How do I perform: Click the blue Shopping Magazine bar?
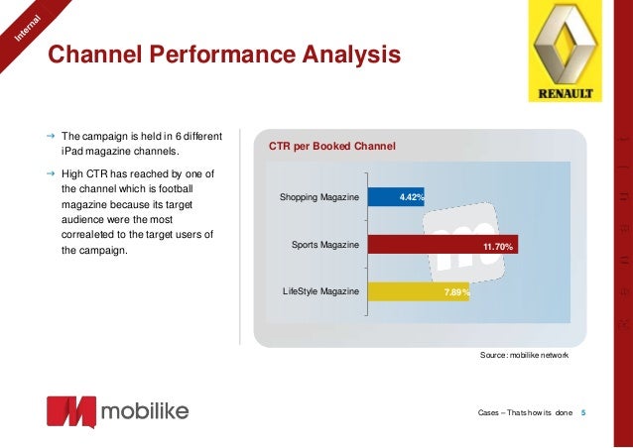(x=396, y=197)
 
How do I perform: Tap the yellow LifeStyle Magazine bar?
(x=419, y=291)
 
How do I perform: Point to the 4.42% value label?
(x=412, y=198)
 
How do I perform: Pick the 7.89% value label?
(x=456, y=292)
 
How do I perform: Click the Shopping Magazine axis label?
(x=318, y=198)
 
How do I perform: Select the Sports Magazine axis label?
(x=324, y=244)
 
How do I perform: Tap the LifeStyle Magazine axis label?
(x=319, y=290)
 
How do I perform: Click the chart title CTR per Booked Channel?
(x=331, y=147)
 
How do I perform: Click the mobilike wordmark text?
(x=144, y=410)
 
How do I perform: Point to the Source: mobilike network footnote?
(x=524, y=354)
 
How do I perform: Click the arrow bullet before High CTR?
(x=50, y=170)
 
